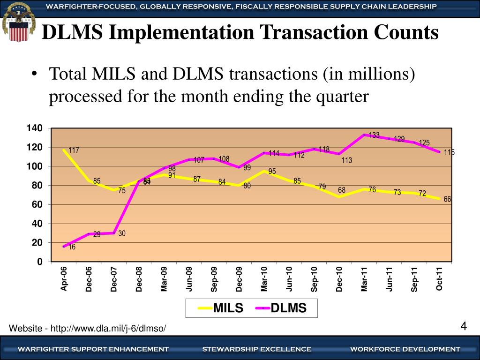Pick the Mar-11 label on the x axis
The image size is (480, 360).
point(364,279)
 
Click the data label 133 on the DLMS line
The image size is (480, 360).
point(374,135)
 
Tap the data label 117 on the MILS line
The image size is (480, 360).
point(74,150)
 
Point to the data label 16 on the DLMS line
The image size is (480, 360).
point(72,247)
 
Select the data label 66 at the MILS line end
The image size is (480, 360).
point(447,199)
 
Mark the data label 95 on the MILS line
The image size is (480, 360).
point(272,172)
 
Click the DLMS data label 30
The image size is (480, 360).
point(122,233)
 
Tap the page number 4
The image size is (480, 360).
point(464,326)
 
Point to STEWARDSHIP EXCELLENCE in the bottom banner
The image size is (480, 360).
point(257,349)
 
